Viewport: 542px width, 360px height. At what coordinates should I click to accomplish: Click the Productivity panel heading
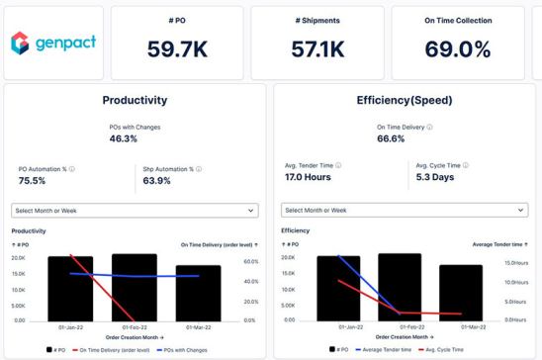tap(135, 100)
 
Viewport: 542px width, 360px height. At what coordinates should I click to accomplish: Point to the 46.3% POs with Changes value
tap(123, 139)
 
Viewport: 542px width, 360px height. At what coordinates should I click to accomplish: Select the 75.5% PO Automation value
tap(35, 181)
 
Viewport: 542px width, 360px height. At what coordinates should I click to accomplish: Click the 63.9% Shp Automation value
tap(157, 181)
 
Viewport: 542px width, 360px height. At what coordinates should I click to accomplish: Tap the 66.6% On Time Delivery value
tap(391, 139)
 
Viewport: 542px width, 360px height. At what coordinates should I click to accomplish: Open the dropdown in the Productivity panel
tap(135, 211)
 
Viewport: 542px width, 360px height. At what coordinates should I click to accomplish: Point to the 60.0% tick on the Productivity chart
tap(250, 262)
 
